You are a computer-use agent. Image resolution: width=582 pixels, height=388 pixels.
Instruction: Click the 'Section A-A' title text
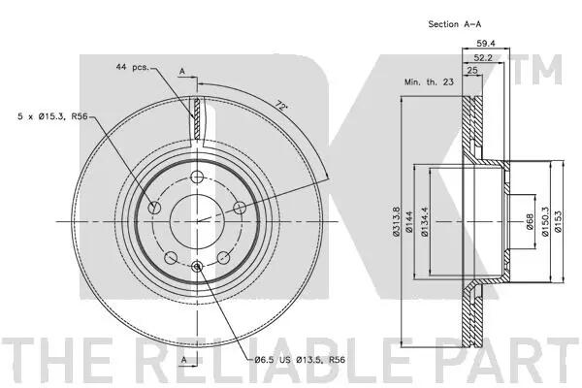[x=454, y=24]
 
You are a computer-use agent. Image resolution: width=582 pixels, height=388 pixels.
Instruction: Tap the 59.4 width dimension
[x=486, y=44]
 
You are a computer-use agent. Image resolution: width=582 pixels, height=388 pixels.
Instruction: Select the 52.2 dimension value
[x=483, y=57]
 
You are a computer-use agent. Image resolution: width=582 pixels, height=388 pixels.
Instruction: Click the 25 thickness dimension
[x=472, y=70]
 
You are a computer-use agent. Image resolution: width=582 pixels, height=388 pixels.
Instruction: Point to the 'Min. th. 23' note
[x=429, y=82]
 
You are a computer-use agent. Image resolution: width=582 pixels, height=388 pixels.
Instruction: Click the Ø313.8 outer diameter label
[x=396, y=222]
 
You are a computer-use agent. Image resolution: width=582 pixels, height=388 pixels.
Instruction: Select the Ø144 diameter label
[x=409, y=222]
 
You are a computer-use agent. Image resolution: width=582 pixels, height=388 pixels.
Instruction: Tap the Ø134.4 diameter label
[x=425, y=222]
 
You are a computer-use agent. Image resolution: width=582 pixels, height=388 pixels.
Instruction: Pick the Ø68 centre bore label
[x=530, y=222]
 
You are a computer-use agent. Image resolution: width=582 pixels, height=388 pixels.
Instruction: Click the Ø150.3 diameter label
[x=545, y=222]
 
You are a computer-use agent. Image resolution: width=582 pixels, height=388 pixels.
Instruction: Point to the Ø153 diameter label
[x=559, y=222]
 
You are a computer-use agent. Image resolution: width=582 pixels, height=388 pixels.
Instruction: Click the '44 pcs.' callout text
[x=132, y=67]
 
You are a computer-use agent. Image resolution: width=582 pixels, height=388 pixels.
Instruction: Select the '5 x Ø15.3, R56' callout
[x=52, y=116]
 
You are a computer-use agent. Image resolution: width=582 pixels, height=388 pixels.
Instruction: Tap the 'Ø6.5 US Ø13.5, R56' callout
[x=300, y=360]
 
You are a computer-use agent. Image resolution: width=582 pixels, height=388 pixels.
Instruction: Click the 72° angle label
[x=282, y=107]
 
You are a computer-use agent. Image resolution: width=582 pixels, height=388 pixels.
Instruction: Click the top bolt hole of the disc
[x=197, y=177]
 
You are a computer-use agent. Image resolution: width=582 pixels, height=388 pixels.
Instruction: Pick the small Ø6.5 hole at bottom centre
[x=197, y=266]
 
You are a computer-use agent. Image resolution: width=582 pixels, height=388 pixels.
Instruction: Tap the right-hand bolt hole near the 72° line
[x=240, y=208]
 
